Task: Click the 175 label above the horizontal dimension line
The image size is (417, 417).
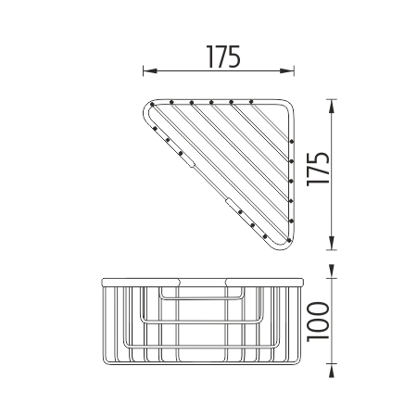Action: (223, 57)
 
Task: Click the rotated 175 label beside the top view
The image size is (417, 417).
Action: (318, 170)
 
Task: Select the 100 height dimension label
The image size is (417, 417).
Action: (318, 322)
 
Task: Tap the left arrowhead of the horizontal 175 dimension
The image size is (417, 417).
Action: (150, 70)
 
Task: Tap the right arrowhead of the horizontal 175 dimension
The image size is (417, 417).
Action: (287, 70)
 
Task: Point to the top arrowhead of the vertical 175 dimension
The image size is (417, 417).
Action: (332, 106)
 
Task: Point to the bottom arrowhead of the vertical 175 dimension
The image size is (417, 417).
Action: (332, 243)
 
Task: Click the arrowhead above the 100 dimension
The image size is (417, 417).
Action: (332, 272)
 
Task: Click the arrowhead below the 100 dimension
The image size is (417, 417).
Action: (332, 371)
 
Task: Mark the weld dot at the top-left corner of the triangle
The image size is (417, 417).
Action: (152, 105)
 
